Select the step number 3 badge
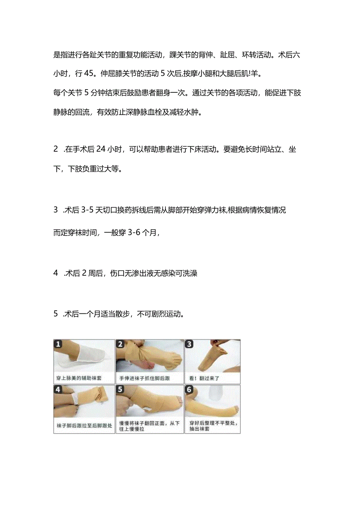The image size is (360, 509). click(x=190, y=344)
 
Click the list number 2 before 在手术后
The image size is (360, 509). click(x=56, y=149)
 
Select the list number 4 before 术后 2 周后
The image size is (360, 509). click(x=56, y=273)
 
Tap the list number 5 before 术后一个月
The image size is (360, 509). click(x=56, y=314)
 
